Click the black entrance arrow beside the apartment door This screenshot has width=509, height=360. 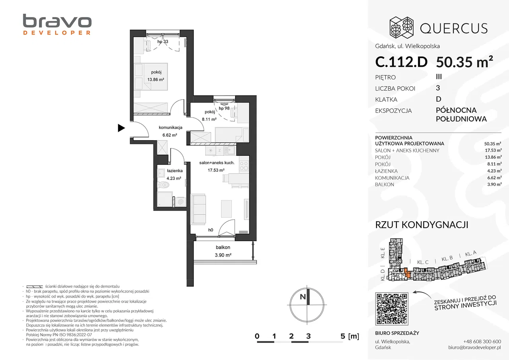pos(121,128)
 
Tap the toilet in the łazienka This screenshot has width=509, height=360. pos(163,185)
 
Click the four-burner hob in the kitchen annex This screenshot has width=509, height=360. pos(244,166)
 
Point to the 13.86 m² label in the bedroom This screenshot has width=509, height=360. pos(155,80)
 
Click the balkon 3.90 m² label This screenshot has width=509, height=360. pos(223,251)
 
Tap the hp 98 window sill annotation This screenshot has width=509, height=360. pos(224,108)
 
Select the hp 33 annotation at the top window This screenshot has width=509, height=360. pos(163,42)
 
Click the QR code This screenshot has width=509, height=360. pos(392,309)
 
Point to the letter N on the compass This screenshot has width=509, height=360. pos(303,297)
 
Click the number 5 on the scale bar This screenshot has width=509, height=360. pos(343,336)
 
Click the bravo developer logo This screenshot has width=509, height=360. pos(57,25)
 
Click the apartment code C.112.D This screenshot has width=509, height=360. pos(401,62)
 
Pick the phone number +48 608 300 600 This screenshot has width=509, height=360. pos(482,341)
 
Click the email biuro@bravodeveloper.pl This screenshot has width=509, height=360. pos(474,347)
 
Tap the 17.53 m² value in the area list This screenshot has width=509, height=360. pos(493,151)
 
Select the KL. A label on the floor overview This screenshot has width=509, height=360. pos(471,254)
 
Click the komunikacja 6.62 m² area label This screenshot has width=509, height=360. pos(170,131)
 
